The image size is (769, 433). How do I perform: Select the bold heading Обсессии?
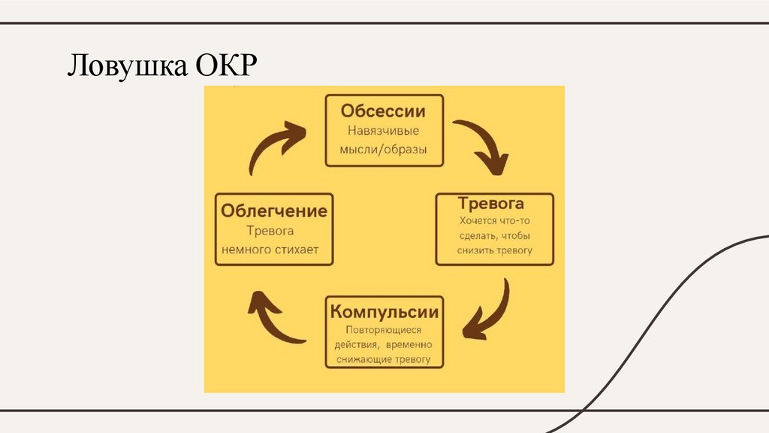point(383,111)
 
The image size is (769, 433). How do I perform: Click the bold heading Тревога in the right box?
point(490,204)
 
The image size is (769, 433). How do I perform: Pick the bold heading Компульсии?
point(384,311)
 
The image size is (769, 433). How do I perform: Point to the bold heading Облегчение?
point(274,210)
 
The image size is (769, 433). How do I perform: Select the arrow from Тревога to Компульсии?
point(488,312)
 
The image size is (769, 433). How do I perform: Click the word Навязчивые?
point(383,130)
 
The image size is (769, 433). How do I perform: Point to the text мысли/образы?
point(383,150)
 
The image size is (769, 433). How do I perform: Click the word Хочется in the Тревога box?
point(478,222)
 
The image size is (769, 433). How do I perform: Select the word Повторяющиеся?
point(383,330)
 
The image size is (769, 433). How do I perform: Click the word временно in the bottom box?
point(409,345)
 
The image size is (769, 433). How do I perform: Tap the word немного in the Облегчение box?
point(246,249)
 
